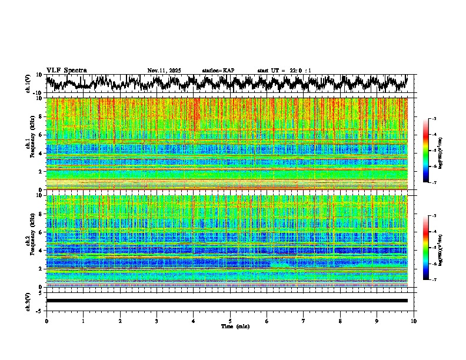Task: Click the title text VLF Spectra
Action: (x=66, y=70)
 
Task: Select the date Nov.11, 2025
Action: (x=164, y=71)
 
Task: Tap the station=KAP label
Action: (x=218, y=71)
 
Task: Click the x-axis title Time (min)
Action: (x=230, y=326)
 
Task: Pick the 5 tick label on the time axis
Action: (x=230, y=321)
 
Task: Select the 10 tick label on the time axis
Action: (x=414, y=321)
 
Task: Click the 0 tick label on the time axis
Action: (x=46, y=321)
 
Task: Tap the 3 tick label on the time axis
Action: (x=157, y=321)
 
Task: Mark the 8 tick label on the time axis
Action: (x=340, y=321)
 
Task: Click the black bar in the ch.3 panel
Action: (x=227, y=301)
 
